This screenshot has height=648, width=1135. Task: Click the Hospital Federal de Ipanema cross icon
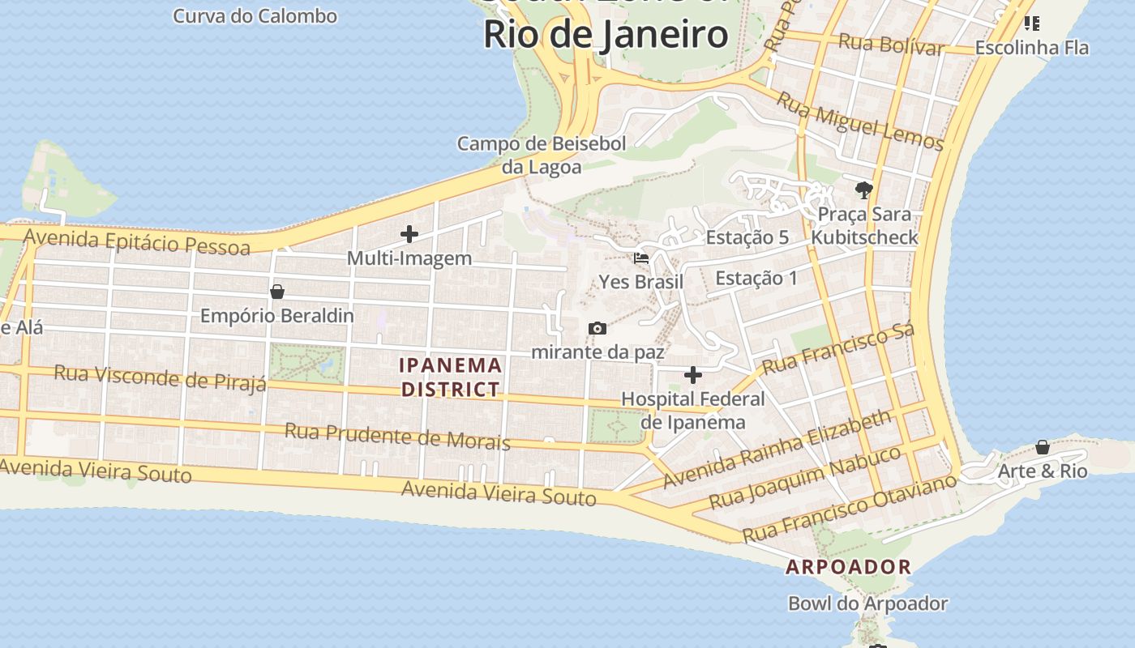(x=693, y=375)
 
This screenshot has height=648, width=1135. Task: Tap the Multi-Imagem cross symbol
(x=409, y=235)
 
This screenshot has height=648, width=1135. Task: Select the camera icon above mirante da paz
(x=597, y=328)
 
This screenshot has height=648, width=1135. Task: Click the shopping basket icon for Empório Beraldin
(x=277, y=292)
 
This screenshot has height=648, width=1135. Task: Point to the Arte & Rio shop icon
(x=1043, y=447)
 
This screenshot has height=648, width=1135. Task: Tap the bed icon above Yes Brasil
(x=641, y=258)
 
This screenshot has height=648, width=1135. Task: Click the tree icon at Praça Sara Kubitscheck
(x=864, y=190)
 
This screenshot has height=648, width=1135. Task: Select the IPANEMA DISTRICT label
(x=451, y=377)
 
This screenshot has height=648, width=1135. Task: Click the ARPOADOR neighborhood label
(x=849, y=567)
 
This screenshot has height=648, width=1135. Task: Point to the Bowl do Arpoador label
(x=867, y=603)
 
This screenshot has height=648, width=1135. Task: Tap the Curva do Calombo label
(x=255, y=15)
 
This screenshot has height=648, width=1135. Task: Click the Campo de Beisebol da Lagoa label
(x=542, y=156)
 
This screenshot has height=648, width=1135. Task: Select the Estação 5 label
(x=747, y=237)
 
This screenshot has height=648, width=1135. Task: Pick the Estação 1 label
(x=756, y=279)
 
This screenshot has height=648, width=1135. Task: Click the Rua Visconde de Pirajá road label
(x=160, y=377)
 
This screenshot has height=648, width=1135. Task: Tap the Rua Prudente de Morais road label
(x=397, y=436)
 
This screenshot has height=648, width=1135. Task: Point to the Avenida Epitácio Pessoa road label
(x=137, y=241)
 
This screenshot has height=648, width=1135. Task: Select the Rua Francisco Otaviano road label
(x=850, y=509)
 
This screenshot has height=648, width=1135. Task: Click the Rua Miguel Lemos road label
(x=860, y=122)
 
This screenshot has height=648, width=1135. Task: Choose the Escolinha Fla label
(x=1031, y=48)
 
